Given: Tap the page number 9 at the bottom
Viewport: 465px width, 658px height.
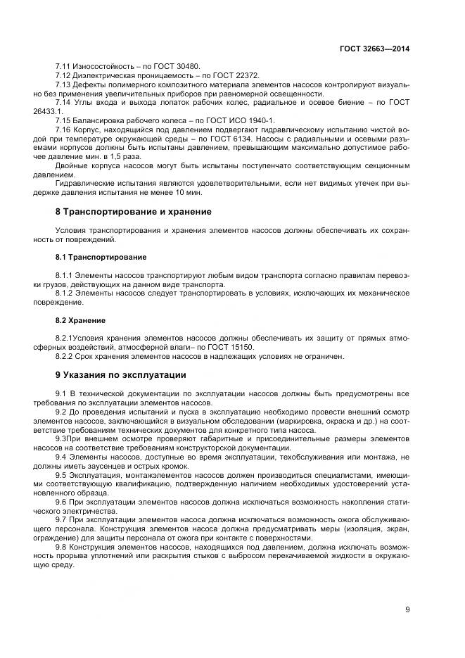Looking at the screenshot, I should click(407, 609).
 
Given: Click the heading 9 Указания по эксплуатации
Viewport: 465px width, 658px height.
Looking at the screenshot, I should click(120, 374).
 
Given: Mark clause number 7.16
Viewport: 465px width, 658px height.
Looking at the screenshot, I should click(64, 129).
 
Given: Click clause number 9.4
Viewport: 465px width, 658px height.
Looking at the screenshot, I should click(61, 456).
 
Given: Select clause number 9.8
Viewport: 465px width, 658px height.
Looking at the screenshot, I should click(61, 547).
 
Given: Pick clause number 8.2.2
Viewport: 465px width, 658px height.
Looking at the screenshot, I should click(64, 356).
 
